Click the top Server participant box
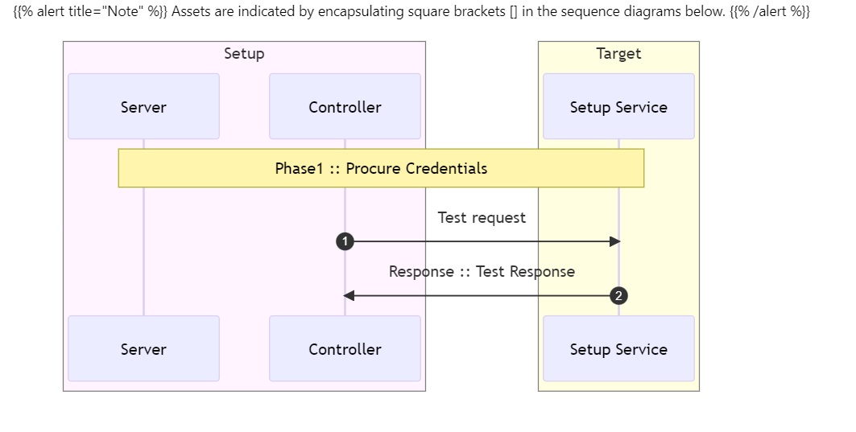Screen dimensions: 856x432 pyautogui.click(x=143, y=106)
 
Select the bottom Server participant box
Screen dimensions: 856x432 pyautogui.click(x=143, y=348)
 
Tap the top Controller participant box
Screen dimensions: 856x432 pyautogui.click(x=345, y=106)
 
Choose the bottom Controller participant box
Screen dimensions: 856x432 pyautogui.click(x=345, y=348)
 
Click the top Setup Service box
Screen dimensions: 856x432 pyautogui.click(x=618, y=106)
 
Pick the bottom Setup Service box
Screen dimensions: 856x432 pyautogui.click(x=618, y=348)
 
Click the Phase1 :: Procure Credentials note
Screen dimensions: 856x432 pyautogui.click(x=381, y=168)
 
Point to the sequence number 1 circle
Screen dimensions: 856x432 pyautogui.click(x=345, y=241)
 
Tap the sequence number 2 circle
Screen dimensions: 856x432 pyautogui.click(x=618, y=295)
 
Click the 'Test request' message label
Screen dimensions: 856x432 pyautogui.click(x=482, y=218)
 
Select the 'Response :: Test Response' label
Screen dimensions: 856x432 pyautogui.click(x=482, y=272)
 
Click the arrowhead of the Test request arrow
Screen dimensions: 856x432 pyautogui.click(x=614, y=241)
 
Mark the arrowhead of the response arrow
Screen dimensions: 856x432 pyautogui.click(x=349, y=295)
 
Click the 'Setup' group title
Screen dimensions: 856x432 pyautogui.click(x=244, y=53)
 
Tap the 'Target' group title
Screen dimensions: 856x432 pyautogui.click(x=618, y=53)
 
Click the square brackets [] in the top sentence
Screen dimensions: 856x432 pyautogui.click(x=513, y=11)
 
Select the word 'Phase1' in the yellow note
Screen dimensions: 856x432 pyautogui.click(x=300, y=168)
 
